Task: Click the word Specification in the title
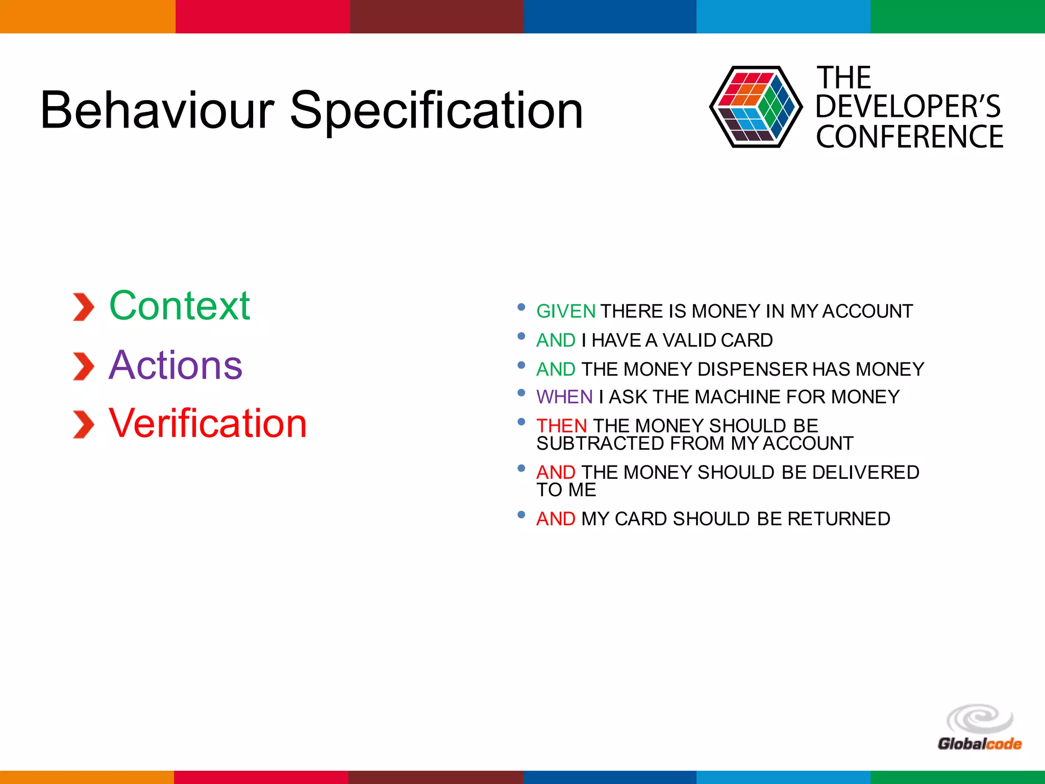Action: point(436,110)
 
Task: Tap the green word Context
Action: point(180,306)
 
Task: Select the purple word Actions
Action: point(176,365)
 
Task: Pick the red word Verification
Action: point(208,423)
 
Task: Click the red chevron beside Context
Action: point(83,307)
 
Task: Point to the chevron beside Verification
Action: point(83,425)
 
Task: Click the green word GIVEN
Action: point(565,311)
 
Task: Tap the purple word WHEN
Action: point(564,397)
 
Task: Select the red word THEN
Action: point(561,426)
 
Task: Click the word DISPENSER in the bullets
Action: point(752,369)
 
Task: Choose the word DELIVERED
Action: point(865,472)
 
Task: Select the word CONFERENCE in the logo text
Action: point(909,137)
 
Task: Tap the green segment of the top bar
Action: point(957,16)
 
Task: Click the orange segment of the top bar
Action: point(87,16)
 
